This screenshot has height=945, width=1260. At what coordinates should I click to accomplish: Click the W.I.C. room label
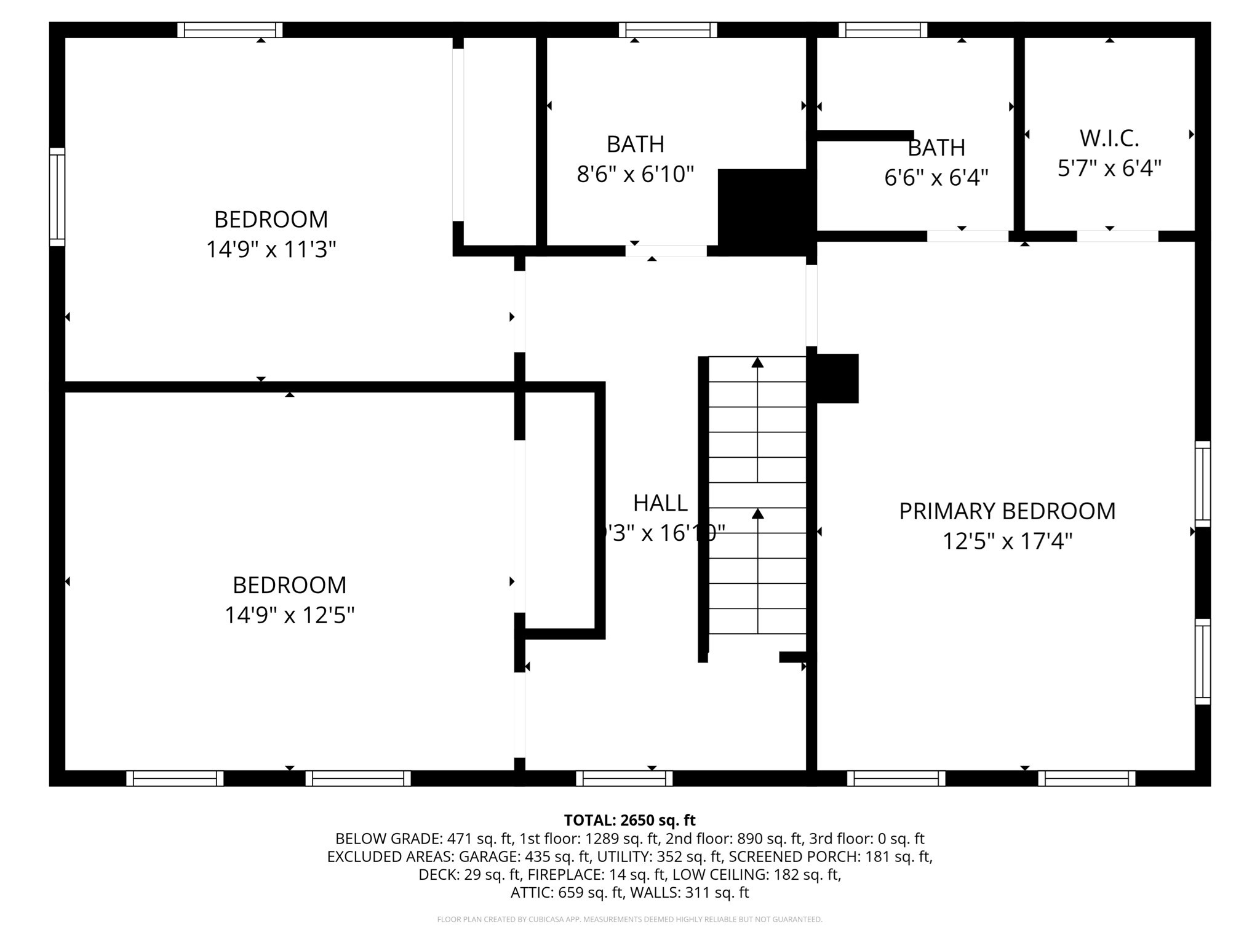[1109, 138]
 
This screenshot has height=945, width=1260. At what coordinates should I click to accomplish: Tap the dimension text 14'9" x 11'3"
[271, 250]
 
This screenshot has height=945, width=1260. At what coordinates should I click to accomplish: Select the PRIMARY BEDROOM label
[1007, 511]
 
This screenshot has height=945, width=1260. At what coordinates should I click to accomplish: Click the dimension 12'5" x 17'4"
[1007, 541]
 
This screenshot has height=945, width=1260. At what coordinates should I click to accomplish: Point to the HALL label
[660, 503]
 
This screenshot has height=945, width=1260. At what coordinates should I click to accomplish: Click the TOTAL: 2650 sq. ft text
[629, 820]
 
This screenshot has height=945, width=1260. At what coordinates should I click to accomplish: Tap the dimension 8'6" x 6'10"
[635, 175]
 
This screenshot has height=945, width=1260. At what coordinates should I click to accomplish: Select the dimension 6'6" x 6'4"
[936, 178]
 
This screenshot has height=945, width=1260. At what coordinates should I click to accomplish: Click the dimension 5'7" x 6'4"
[1109, 168]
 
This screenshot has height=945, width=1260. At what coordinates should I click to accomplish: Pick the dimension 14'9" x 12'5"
[289, 615]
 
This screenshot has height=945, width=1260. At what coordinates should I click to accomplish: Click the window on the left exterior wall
[57, 197]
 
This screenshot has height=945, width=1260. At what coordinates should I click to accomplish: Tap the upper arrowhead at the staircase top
[757, 363]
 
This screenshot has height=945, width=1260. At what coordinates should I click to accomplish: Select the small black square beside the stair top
[837, 378]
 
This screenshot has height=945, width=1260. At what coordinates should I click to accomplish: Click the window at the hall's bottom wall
[624, 778]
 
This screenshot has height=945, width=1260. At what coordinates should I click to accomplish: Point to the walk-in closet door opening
[1117, 236]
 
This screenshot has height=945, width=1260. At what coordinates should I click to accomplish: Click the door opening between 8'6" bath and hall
[666, 251]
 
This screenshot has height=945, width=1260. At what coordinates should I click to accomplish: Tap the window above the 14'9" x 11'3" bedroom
[230, 30]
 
